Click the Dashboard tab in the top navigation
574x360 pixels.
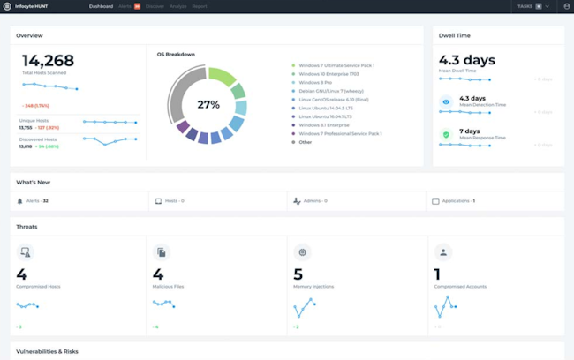[x=101, y=6]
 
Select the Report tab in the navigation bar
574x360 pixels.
[x=200, y=6]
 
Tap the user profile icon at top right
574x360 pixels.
[x=566, y=6]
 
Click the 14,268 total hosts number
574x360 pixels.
[x=48, y=61]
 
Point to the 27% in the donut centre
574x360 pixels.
[x=208, y=104]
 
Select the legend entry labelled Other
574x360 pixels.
[x=306, y=142]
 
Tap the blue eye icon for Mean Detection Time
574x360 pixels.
[x=447, y=102]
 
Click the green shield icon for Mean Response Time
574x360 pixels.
[x=447, y=135]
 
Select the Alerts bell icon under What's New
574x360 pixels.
[x=20, y=201]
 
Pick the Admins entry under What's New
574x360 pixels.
[x=312, y=201]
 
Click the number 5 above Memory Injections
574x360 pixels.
[x=298, y=275]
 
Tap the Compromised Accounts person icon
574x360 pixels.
[x=443, y=252]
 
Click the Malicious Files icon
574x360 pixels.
[x=161, y=252]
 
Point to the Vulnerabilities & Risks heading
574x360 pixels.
[x=47, y=351]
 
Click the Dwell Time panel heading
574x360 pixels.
[x=455, y=36]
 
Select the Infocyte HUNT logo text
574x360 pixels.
[x=31, y=6]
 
